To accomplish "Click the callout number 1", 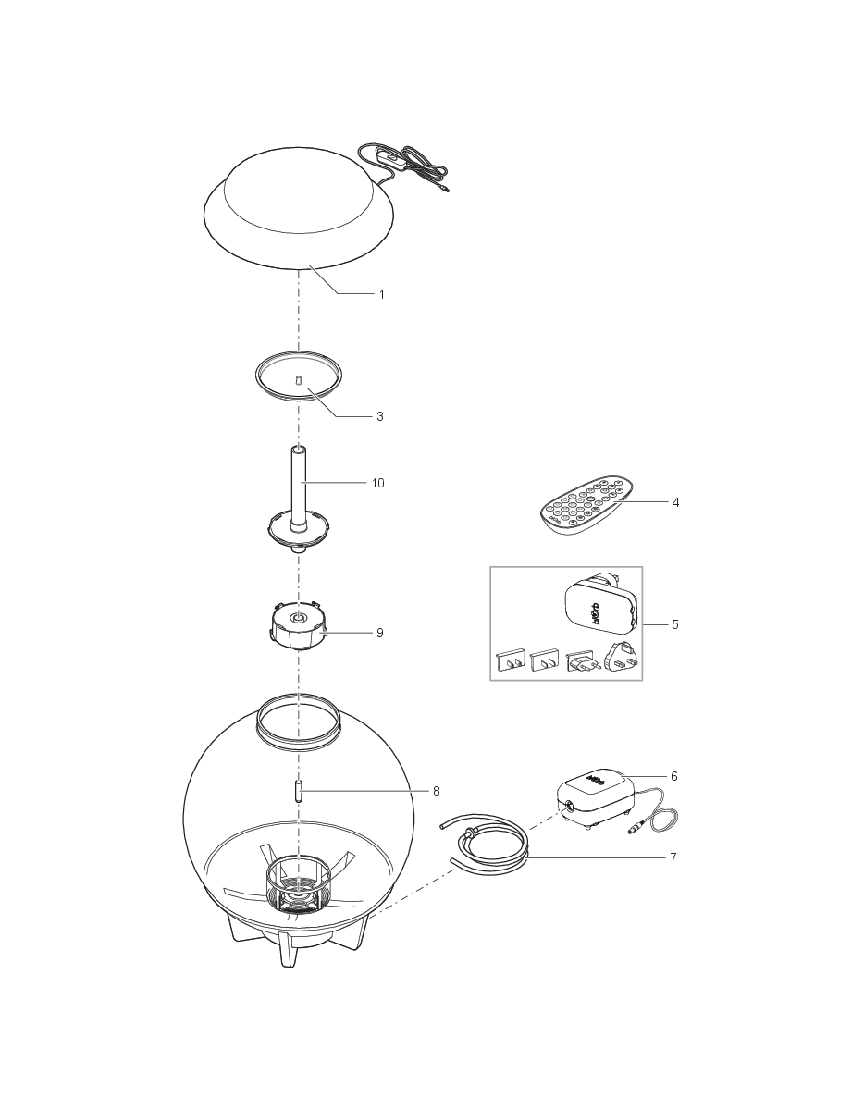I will (380, 294).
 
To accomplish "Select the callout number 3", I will (380, 416).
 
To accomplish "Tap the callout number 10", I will (377, 483).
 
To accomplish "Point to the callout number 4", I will (675, 502).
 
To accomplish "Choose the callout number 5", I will (675, 624).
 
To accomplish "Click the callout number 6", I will (673, 776).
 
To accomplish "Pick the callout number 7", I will (673, 857).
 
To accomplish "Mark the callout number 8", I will (436, 791).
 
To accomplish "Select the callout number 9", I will (379, 633).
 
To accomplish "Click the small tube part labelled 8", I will (298, 792).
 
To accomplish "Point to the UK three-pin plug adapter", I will (620, 660).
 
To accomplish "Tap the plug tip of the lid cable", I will (446, 192).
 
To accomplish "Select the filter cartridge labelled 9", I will (298, 626).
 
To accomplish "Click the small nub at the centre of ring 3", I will (298, 380).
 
